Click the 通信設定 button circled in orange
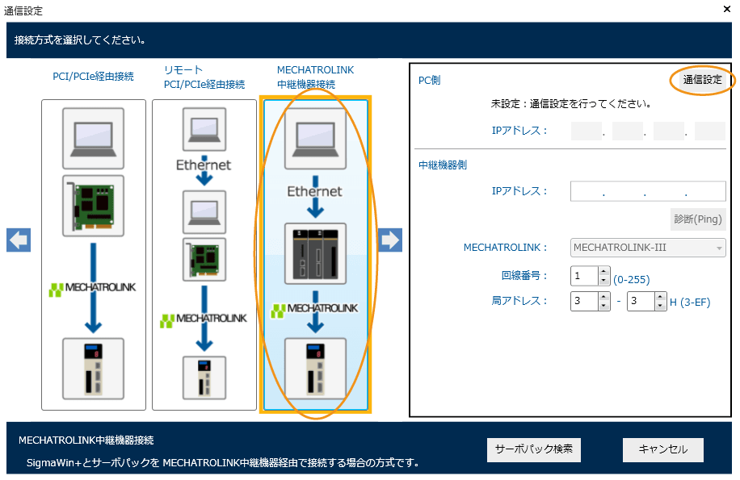click(x=701, y=80)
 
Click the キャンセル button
click(x=662, y=449)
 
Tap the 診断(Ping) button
click(x=698, y=219)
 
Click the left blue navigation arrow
click(x=19, y=240)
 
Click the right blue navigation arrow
click(x=390, y=240)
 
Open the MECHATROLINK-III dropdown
click(x=648, y=247)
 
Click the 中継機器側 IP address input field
click(x=648, y=191)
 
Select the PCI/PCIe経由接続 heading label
click(x=94, y=77)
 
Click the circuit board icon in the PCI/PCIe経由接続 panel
click(x=94, y=204)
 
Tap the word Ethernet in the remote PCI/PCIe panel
click(x=204, y=165)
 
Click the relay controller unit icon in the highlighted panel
click(x=315, y=253)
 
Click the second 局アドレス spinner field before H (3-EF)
click(x=641, y=302)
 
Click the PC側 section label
click(x=430, y=81)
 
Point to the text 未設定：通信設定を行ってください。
click(x=571, y=104)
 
